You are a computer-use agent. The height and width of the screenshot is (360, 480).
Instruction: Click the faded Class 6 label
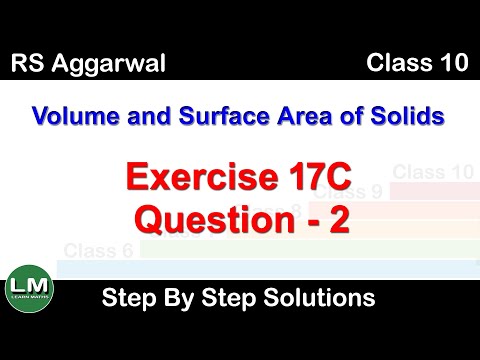tap(98, 250)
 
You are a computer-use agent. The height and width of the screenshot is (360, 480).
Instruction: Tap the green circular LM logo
tap(30, 290)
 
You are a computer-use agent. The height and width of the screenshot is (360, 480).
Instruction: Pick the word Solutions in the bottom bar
tap(313, 298)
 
